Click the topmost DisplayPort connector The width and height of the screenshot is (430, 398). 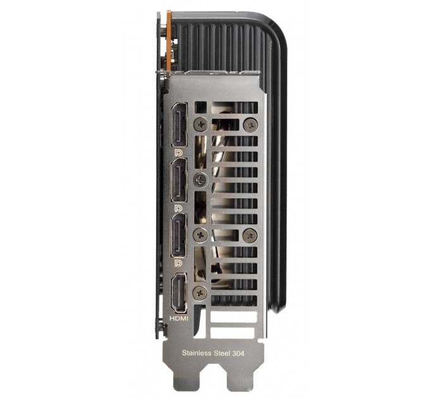coord(179,125)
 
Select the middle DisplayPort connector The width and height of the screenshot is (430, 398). coord(179,180)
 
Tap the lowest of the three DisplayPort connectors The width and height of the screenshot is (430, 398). coord(179,235)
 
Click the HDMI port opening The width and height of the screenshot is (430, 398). coord(179,293)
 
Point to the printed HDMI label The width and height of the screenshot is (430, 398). coord(179,318)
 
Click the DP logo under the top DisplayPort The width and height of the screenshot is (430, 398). coord(178,153)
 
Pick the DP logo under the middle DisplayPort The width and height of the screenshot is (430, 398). coord(178,208)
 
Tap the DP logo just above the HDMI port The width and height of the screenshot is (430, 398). coord(178,263)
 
